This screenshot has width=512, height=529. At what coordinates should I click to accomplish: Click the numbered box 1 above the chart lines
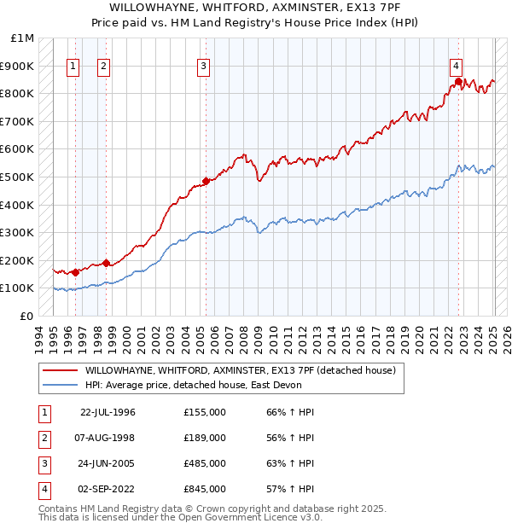click(x=73, y=66)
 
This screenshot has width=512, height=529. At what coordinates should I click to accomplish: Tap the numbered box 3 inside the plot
click(x=204, y=66)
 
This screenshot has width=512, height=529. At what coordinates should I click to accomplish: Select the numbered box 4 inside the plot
click(x=457, y=66)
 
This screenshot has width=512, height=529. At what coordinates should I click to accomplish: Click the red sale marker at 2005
click(x=206, y=181)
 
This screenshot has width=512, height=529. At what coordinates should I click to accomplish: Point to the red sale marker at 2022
click(x=458, y=82)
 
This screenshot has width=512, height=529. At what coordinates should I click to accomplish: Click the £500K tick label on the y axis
click(x=17, y=177)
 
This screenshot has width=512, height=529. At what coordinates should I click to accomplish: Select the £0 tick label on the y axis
click(x=26, y=316)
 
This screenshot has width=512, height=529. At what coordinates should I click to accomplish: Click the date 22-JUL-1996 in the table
click(x=108, y=412)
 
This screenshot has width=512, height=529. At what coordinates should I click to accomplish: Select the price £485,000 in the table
click(x=204, y=463)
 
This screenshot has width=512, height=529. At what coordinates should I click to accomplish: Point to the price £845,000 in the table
click(x=204, y=489)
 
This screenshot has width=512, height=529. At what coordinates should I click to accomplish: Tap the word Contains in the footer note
click(x=60, y=509)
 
